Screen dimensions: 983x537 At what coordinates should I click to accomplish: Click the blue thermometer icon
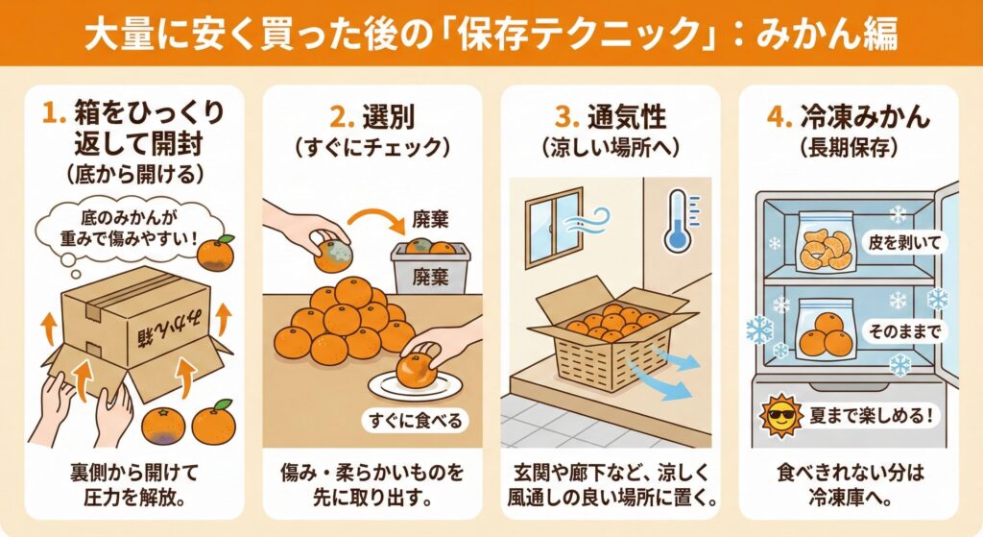[677, 221]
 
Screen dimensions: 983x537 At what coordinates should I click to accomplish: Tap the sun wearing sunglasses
[779, 416]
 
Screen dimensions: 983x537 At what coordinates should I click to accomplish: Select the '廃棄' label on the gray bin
[430, 277]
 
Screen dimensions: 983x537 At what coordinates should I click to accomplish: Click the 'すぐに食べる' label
[415, 421]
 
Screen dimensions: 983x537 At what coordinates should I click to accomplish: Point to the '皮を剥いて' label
[904, 243]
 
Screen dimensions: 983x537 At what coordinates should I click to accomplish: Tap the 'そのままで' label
[904, 331]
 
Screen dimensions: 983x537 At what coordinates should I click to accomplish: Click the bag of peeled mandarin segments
[827, 243]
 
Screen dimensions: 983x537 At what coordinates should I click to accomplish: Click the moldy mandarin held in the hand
[333, 253]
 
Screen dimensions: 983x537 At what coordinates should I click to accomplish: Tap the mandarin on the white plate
[416, 372]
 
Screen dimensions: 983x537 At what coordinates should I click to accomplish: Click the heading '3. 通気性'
[610, 116]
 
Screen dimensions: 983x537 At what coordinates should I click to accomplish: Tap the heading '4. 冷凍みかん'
[849, 116]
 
